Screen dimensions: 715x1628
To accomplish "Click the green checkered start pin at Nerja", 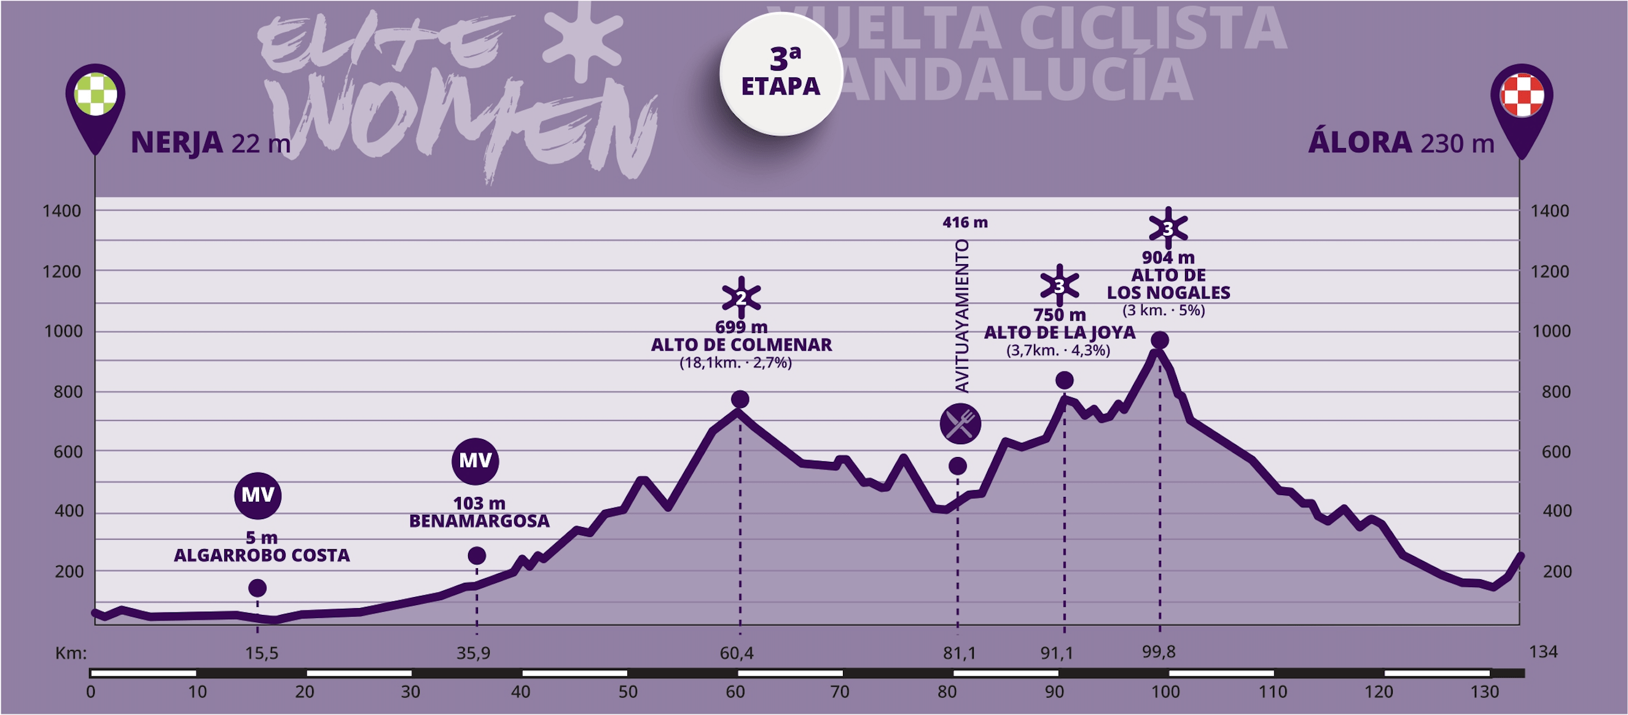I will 95,95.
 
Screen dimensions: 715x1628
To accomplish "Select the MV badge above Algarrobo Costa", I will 258,494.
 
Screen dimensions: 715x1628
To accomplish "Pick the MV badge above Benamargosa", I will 475,460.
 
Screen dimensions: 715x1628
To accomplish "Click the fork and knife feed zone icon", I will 960,424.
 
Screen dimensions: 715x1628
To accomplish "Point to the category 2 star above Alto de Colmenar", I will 741,297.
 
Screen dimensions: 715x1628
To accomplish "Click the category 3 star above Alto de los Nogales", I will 1168,228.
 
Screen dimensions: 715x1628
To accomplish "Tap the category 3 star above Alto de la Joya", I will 1059,286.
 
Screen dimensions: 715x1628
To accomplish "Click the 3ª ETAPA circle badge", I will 781,74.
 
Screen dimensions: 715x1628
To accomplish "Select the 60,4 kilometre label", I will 737,653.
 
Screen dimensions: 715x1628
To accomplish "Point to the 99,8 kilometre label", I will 1159,652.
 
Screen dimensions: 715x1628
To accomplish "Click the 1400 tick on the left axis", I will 61,211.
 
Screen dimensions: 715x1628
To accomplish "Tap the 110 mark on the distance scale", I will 1272,692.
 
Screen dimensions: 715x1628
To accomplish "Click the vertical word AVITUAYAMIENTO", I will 961,316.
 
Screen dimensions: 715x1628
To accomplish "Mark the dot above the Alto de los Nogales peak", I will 1159,341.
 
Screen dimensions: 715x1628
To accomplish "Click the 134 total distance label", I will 1543,652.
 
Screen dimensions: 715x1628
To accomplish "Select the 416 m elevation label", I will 965,222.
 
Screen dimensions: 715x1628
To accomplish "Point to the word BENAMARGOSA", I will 479,521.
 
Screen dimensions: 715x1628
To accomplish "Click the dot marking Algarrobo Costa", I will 257,588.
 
